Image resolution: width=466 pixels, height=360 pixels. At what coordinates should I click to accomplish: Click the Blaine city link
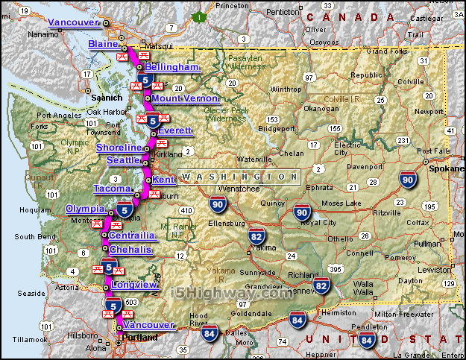pos(103,45)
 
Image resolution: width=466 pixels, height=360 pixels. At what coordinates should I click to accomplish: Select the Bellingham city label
pos(173,67)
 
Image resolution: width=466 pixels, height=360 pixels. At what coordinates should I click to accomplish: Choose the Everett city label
pos(175,130)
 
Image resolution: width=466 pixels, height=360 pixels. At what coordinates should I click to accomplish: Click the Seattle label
pos(123,160)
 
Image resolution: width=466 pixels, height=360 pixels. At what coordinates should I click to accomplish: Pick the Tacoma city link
pos(113,189)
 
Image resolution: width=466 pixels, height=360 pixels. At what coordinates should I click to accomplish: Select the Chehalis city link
pos(131,249)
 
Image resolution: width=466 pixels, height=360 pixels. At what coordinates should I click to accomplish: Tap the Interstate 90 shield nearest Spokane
pos(407,179)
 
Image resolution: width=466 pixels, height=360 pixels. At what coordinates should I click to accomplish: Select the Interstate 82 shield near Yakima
pos(256,237)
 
